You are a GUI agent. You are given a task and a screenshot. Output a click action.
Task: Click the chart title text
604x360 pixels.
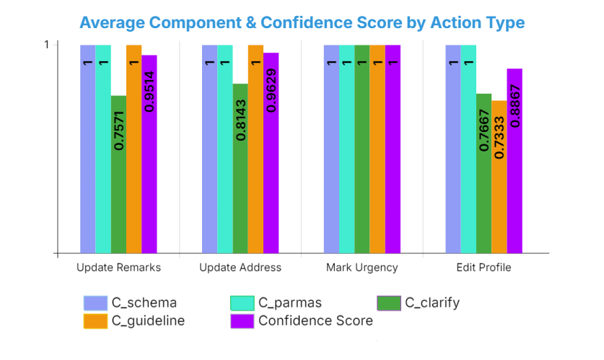pyautogui.click(x=302, y=22)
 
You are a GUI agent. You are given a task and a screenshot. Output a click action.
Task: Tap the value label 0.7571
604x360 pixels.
pyautogui.click(x=119, y=130)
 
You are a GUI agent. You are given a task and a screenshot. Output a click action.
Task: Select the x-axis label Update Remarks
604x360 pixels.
pyautogui.click(x=118, y=268)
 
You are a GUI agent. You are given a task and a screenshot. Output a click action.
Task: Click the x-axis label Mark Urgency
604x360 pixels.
pyautogui.click(x=362, y=268)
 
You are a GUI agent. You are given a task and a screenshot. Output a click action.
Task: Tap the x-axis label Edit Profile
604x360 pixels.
pyautogui.click(x=483, y=268)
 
